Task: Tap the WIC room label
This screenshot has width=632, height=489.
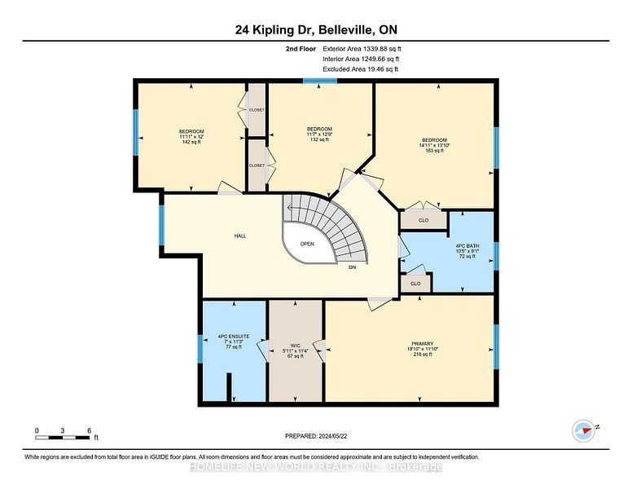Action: [x=296, y=346]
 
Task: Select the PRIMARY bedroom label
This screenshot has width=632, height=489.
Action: [x=422, y=344]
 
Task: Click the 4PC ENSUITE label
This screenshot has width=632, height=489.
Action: [x=234, y=336]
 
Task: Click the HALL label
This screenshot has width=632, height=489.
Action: [x=240, y=236]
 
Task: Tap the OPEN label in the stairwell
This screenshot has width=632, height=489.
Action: [x=307, y=244]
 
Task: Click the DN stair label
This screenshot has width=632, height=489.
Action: [x=353, y=267]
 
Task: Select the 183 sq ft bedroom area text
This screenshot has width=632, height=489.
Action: [x=435, y=151]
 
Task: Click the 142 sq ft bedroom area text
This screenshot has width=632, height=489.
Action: [x=191, y=142]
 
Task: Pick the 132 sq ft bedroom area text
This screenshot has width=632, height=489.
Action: [x=319, y=139]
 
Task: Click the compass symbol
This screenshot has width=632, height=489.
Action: [x=584, y=431]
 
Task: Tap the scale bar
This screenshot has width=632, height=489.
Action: [x=62, y=438]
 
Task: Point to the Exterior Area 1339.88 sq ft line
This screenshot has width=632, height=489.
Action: [x=362, y=49]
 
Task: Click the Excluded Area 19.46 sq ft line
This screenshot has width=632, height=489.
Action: [x=360, y=69]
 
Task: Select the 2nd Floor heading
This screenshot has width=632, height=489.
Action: [x=301, y=49]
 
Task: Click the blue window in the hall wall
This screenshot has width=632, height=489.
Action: [x=161, y=225]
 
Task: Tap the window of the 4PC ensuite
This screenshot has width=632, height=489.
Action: [x=200, y=349]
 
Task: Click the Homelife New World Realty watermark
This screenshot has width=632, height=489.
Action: [x=316, y=467]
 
